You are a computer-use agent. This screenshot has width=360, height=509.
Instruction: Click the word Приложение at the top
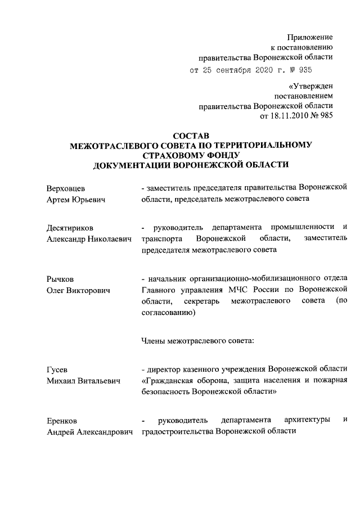pos(310,36)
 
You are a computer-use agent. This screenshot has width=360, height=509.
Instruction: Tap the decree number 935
pos(303,70)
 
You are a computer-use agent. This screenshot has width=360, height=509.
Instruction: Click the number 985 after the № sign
pos(326,116)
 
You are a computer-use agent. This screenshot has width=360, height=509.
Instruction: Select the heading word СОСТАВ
pos(190,136)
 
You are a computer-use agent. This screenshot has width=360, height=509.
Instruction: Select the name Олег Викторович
pos(78,290)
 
